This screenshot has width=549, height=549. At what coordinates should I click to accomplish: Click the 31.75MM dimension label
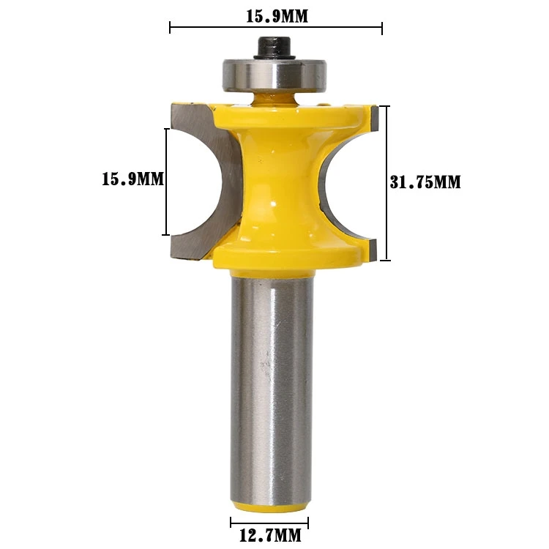tap(425, 182)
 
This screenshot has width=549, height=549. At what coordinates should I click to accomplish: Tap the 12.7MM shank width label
tap(270, 535)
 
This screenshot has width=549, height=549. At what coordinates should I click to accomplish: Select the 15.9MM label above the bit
tap(277, 16)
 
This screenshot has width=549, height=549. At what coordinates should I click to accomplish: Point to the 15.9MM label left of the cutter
tap(132, 179)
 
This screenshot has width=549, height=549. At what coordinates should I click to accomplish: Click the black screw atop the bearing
tap(275, 48)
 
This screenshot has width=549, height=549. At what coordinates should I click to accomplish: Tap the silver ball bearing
tap(274, 75)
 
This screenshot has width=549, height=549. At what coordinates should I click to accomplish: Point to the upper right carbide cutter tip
tap(374, 117)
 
